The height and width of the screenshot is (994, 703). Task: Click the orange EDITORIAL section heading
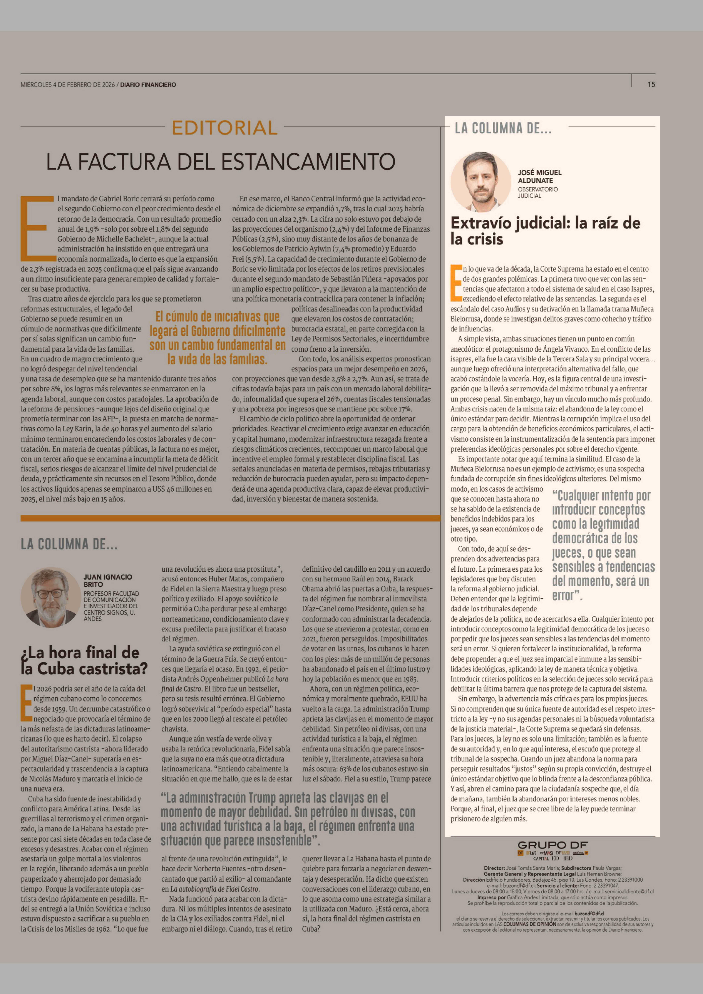click(224, 128)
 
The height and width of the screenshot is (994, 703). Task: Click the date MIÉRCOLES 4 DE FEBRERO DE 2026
click(68, 85)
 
